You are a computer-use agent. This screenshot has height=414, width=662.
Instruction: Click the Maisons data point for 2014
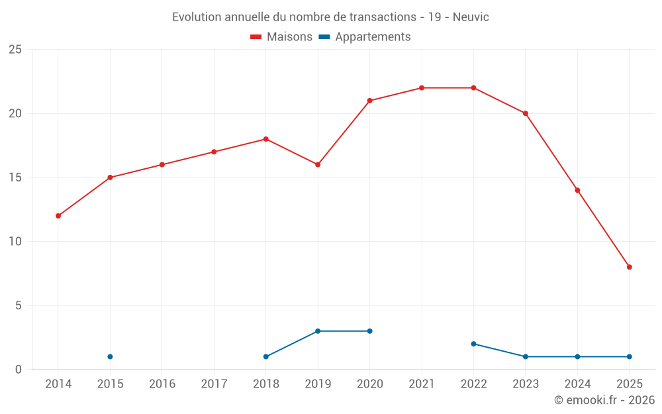tap(58, 216)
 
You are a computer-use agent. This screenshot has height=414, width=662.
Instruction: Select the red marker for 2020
tap(369, 101)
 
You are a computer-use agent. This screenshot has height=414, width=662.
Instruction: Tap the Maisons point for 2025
tap(629, 267)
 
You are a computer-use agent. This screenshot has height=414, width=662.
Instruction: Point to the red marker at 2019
tap(318, 164)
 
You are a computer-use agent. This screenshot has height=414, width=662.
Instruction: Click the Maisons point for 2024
tap(577, 190)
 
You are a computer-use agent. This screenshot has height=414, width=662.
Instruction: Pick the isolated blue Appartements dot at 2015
tap(110, 356)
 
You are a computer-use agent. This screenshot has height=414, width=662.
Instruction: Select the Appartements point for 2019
tap(318, 331)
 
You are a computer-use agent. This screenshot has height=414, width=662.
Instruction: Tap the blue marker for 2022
tap(473, 344)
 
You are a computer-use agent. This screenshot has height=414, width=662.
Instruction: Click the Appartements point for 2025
tap(629, 356)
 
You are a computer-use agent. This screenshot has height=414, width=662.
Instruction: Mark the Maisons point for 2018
tap(265, 139)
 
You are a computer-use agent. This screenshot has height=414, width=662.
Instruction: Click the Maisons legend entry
tap(281, 37)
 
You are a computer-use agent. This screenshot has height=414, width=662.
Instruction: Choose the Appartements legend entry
tap(365, 37)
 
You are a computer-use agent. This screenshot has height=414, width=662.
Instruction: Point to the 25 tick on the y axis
tap(15, 50)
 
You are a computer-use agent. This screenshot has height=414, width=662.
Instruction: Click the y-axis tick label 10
tap(15, 242)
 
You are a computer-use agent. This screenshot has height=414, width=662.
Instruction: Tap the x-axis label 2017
tap(214, 384)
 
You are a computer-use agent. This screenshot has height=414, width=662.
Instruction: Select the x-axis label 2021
tap(422, 384)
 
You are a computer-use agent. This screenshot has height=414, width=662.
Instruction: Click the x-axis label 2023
tap(526, 384)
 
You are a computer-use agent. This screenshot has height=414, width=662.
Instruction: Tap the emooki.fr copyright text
tap(604, 400)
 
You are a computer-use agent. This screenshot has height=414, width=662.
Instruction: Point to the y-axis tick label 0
tap(19, 370)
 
